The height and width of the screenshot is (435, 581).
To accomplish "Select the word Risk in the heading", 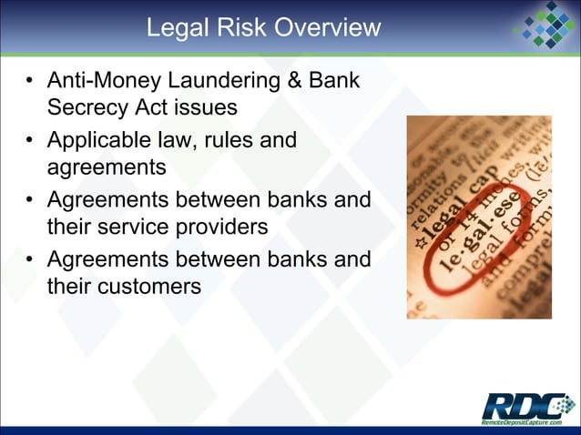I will (x=236, y=28).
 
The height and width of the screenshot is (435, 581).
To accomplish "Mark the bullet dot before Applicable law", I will (x=32, y=141).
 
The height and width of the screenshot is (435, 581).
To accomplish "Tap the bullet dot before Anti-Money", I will (x=32, y=82).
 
